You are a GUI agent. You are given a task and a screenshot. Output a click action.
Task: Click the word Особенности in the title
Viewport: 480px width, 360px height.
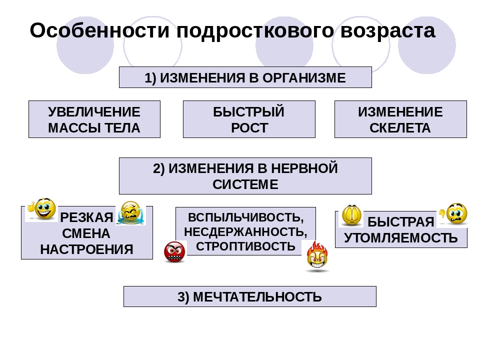pyautogui.click(x=99, y=30)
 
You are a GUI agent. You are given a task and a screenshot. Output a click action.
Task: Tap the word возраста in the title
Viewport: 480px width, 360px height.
pyautogui.click(x=387, y=31)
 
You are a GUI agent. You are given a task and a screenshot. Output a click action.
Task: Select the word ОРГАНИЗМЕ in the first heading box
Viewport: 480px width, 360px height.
pyautogui.click(x=304, y=78)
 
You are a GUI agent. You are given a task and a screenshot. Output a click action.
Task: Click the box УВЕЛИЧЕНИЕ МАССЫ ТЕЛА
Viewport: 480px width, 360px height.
pyautogui.click(x=94, y=119)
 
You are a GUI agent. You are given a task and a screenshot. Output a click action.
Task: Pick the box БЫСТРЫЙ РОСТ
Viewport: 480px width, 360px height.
pyautogui.click(x=249, y=119)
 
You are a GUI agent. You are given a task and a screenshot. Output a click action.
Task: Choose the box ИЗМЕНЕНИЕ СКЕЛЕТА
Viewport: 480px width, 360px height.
pyautogui.click(x=400, y=119)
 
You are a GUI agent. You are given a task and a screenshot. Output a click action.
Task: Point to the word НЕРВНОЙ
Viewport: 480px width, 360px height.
pyautogui.click(x=304, y=168)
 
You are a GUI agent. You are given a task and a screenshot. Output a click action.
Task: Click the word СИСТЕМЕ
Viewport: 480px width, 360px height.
pyautogui.click(x=245, y=184)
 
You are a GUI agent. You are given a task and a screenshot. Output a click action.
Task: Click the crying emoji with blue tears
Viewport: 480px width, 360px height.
pyautogui.click(x=130, y=213)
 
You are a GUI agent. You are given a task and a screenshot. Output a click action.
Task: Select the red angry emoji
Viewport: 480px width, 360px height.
pyautogui.click(x=174, y=252)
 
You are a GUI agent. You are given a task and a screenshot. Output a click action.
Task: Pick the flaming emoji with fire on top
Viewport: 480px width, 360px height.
pyautogui.click(x=317, y=256)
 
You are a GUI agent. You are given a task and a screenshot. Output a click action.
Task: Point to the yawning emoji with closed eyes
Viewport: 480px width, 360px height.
pyautogui.click(x=351, y=215)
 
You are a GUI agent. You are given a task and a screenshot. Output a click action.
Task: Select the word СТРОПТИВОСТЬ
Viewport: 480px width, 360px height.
pyautogui.click(x=245, y=246)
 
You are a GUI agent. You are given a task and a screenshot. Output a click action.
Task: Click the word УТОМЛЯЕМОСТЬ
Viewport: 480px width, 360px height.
pyautogui.click(x=400, y=238)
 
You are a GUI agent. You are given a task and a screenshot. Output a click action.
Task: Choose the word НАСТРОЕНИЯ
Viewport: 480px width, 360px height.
pyautogui.click(x=86, y=249)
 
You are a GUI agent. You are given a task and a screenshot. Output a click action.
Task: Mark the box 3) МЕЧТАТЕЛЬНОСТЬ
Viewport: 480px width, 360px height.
pyautogui.click(x=250, y=296)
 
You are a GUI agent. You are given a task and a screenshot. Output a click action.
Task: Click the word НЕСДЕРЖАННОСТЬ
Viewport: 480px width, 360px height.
pyautogui.click(x=245, y=232)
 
